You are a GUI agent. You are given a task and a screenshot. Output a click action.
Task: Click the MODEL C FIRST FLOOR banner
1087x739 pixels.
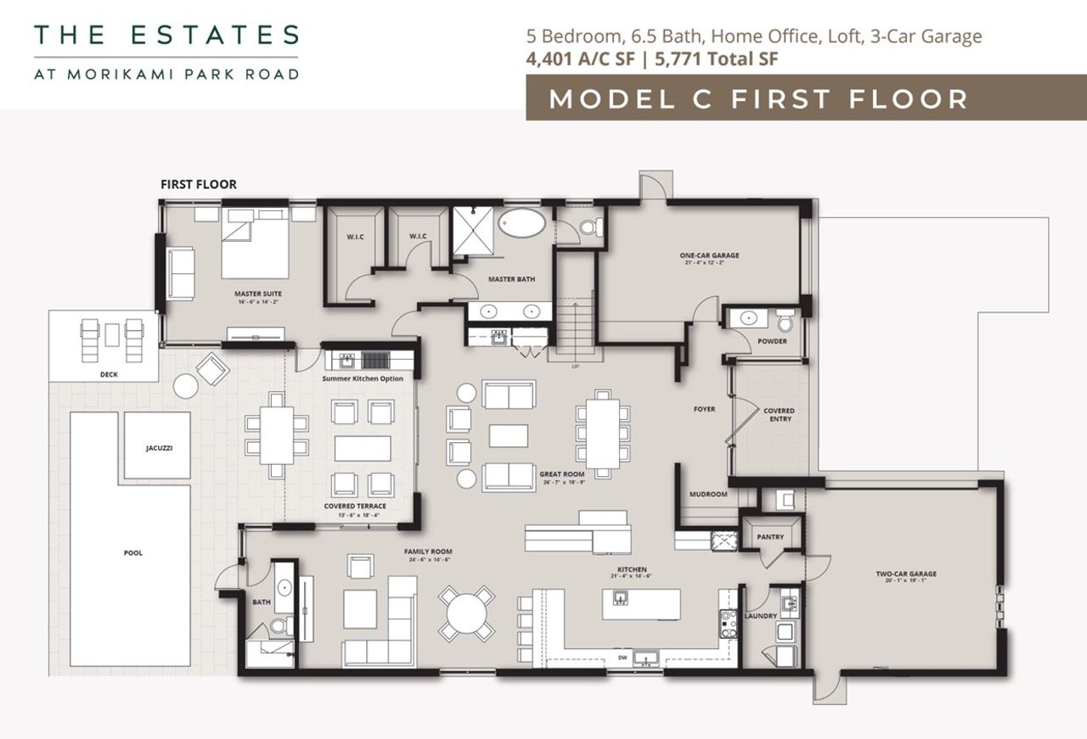click(x=758, y=98)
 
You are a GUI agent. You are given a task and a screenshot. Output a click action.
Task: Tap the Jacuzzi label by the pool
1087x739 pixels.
click(x=157, y=448)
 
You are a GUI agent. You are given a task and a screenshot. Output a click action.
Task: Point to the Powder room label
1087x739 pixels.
click(x=773, y=341)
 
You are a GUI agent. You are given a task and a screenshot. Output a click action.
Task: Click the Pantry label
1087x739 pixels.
click(x=770, y=537)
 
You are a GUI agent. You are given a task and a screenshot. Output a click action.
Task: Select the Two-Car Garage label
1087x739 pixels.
click(x=906, y=574)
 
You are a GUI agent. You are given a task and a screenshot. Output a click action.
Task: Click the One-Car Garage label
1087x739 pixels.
click(x=709, y=255)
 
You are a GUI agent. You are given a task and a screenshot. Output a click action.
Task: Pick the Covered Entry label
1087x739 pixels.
click(x=779, y=415)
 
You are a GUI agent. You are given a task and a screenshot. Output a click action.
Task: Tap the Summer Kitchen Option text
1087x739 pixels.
click(x=363, y=378)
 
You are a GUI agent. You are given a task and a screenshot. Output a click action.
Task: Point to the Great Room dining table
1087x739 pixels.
click(x=603, y=433)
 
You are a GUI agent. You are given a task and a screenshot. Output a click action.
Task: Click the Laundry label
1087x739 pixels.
click(x=760, y=616)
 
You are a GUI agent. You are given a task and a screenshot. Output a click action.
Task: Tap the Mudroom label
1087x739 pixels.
click(x=707, y=494)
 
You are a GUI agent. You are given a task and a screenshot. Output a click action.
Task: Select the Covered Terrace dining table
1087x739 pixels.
click(x=277, y=435)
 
